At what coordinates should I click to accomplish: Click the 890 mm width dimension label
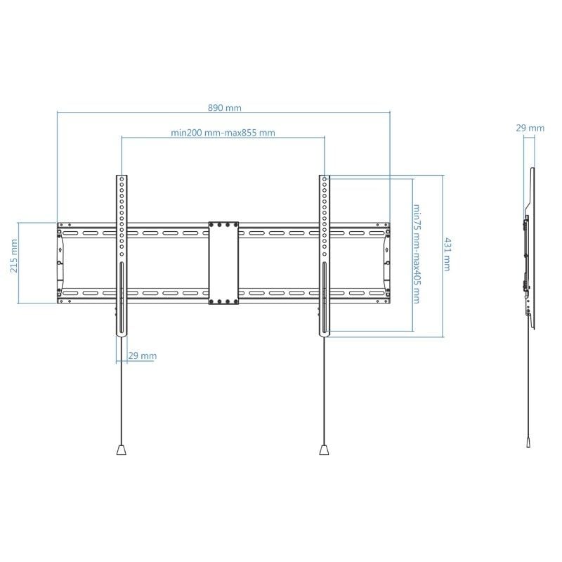pos(224,107)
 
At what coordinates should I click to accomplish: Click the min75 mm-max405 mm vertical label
pos(417,254)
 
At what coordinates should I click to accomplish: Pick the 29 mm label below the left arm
pos(143,356)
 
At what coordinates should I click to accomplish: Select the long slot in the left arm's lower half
pos(122,299)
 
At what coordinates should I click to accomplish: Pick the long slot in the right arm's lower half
pos(324,299)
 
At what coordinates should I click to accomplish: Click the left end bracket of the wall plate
pos(61,263)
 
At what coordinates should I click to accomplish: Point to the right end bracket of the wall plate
pos(385,263)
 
